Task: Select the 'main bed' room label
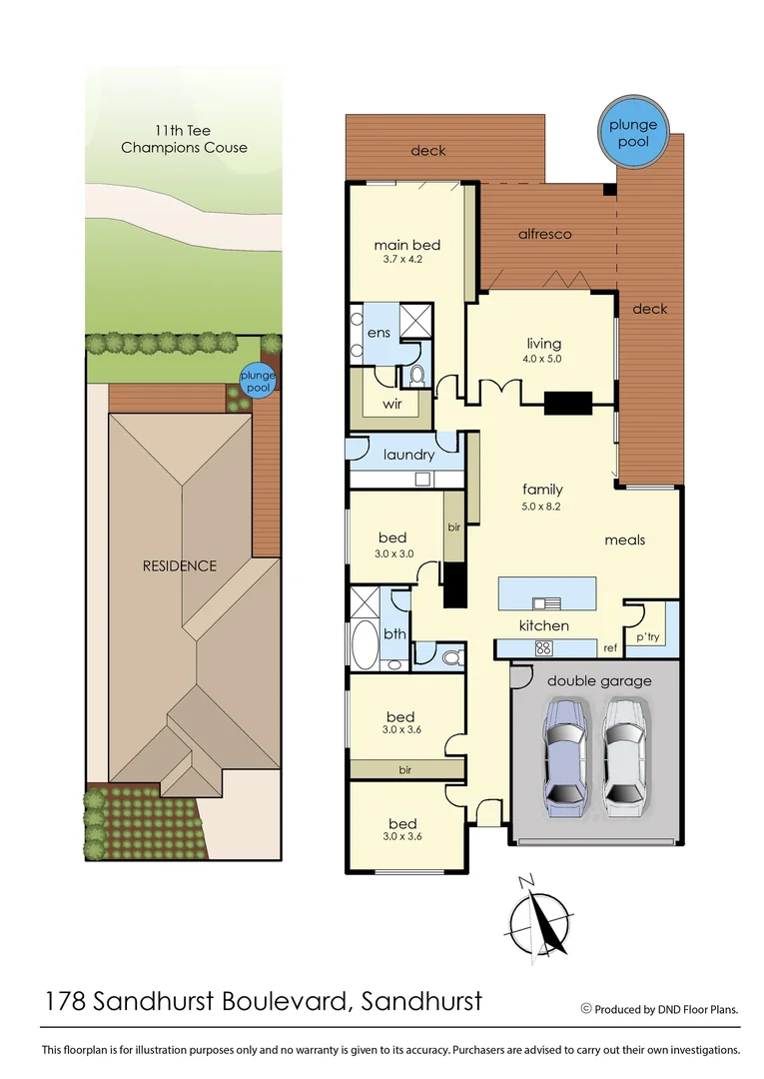point(406,245)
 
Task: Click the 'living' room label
point(544,344)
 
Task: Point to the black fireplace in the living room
point(568,403)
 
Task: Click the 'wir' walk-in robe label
point(392,405)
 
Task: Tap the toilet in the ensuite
point(416,377)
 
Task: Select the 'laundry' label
point(408,455)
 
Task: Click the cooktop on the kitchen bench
point(544,647)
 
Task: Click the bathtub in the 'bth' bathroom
point(365,646)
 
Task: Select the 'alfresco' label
point(544,234)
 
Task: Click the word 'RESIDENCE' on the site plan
point(179,565)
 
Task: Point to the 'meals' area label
point(625,539)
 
